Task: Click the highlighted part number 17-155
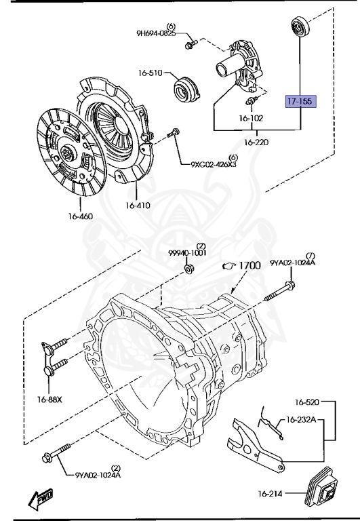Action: click(300, 102)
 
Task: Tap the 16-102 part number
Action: click(250, 117)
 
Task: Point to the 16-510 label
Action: click(151, 73)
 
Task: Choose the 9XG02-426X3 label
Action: click(213, 163)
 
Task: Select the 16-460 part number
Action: click(80, 216)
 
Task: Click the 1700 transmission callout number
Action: click(248, 265)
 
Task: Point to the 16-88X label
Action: click(49, 400)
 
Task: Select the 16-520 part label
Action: click(306, 402)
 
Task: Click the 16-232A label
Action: click(300, 420)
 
